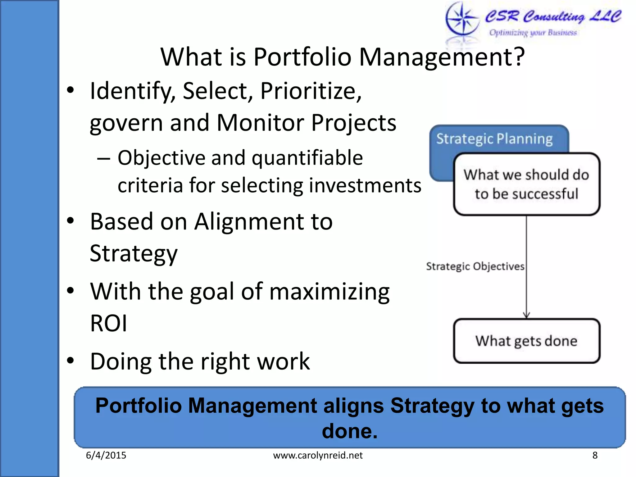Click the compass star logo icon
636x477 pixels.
pyautogui.click(x=462, y=19)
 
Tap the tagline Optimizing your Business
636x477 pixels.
pyautogui.click(x=533, y=33)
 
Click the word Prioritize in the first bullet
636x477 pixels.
pyautogui.click(x=311, y=91)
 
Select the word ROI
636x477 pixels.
pyautogui.click(x=108, y=323)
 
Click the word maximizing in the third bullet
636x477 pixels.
pyautogui.click(x=329, y=292)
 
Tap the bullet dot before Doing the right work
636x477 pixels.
pyautogui.click(x=71, y=361)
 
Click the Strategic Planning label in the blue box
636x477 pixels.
pyautogui.click(x=494, y=139)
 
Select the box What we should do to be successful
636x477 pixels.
pyautogui.click(x=526, y=184)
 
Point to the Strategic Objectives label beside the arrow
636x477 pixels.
pyautogui.click(x=475, y=266)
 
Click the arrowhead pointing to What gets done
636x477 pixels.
pyautogui.click(x=526, y=315)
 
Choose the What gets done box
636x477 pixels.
pyautogui.click(x=526, y=341)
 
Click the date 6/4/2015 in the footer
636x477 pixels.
pyautogui.click(x=106, y=455)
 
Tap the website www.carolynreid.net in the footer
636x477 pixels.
pyautogui.click(x=318, y=455)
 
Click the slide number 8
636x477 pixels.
pyautogui.click(x=595, y=455)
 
